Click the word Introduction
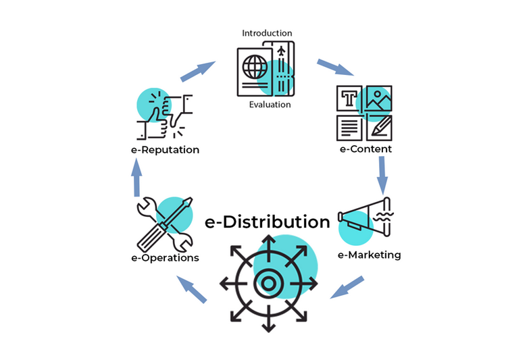tap(267, 33)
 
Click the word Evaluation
tap(270, 105)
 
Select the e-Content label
tap(365, 149)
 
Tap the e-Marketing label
tap(369, 255)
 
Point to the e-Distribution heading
tap(268, 222)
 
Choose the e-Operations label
tap(165, 258)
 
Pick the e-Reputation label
tap(165, 150)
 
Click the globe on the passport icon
tap(255, 67)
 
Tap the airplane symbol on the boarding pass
tap(281, 51)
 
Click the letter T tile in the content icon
tap(349, 98)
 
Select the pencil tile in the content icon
tap(379, 128)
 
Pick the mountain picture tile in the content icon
tap(379, 98)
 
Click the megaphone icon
tap(365, 217)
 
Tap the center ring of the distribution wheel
tap(268, 283)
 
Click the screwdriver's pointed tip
tap(190, 199)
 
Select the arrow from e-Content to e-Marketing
tap(382, 175)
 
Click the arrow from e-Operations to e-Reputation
tap(137, 177)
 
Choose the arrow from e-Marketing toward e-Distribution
tap(347, 287)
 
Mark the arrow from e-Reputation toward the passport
tap(198, 72)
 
